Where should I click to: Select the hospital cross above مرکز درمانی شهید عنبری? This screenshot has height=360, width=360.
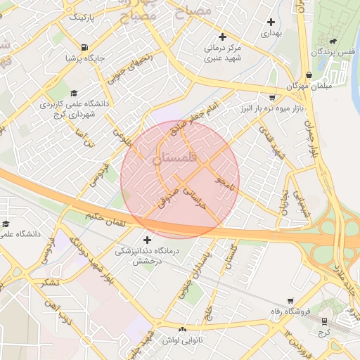pos(223,37)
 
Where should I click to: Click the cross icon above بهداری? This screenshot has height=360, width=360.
pos(271,22)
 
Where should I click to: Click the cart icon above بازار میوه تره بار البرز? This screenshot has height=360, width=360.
pos(272,98)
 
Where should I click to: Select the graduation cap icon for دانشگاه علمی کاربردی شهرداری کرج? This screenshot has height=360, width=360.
pos(74,94)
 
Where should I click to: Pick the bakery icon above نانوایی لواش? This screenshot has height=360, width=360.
pos(183,330)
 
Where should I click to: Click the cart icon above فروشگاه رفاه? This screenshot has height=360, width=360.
pos(290,300)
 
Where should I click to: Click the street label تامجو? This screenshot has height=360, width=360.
pos(224,187)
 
